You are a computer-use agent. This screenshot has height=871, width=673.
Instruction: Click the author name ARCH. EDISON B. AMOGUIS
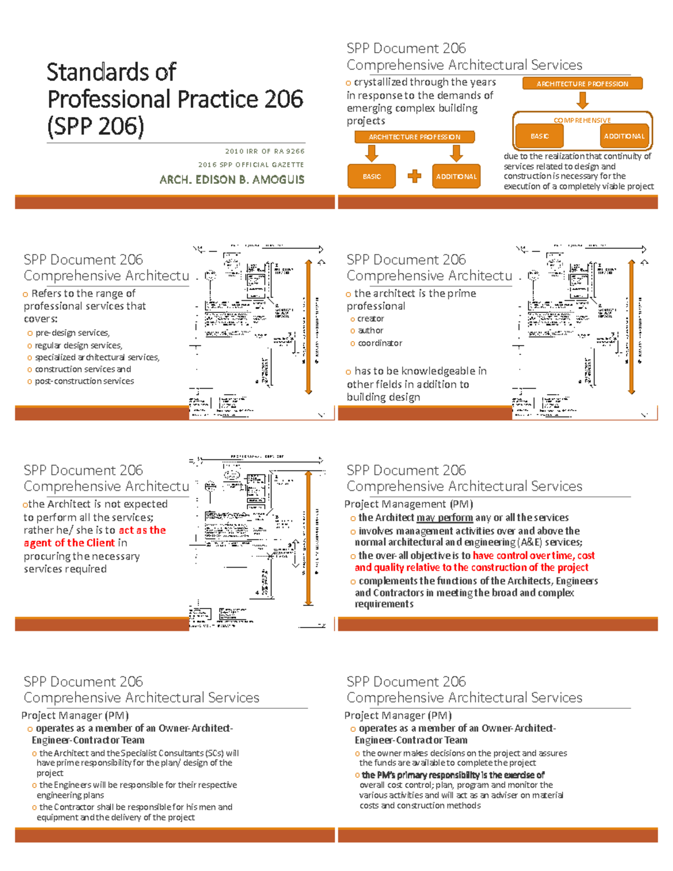click(x=232, y=179)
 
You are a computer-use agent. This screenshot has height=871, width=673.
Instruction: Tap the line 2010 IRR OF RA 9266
click(x=265, y=151)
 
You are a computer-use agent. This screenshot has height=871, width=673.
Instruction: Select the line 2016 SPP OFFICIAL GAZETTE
click(x=251, y=165)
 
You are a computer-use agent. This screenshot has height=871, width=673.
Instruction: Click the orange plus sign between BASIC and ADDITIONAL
click(x=414, y=177)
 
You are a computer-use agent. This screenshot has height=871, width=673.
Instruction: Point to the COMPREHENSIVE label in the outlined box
click(x=582, y=121)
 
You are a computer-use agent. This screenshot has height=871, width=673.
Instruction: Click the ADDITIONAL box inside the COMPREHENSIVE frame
click(x=624, y=136)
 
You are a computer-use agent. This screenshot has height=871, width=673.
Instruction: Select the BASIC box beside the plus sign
click(x=372, y=177)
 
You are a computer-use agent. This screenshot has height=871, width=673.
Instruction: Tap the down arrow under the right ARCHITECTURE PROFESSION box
click(x=583, y=100)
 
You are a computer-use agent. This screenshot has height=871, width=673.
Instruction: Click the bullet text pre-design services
click(x=72, y=333)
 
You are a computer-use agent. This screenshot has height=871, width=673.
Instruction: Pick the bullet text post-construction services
click(x=84, y=381)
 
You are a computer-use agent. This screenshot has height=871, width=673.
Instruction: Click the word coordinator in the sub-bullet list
click(x=380, y=343)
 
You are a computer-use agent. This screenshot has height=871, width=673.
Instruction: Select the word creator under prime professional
click(x=371, y=319)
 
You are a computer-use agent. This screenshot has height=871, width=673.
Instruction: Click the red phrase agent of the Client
click(x=69, y=543)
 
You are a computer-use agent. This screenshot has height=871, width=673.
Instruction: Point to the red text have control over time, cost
click(x=533, y=556)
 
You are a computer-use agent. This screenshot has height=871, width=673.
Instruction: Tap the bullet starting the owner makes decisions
click(x=464, y=753)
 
